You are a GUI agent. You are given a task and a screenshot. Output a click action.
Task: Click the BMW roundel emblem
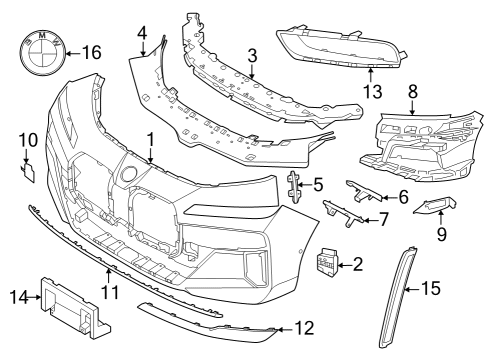[38, 51]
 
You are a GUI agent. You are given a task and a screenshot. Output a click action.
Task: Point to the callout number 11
[109, 292]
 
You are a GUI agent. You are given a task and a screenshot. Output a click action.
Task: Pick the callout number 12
[305, 328]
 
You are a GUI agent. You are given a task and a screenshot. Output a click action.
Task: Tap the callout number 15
[430, 288]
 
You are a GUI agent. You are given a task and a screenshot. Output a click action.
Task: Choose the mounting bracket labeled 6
[365, 192]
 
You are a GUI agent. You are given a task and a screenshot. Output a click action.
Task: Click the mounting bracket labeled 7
[341, 211]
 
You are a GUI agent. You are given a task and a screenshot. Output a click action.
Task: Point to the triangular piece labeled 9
[434, 207]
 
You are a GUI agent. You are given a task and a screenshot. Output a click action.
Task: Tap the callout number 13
[373, 93]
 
